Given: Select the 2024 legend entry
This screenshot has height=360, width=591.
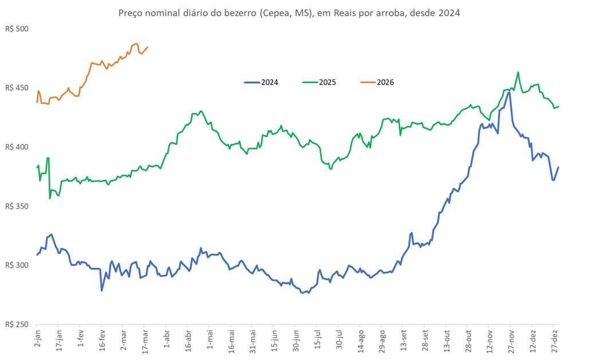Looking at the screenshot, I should pyautogui.click(x=269, y=82).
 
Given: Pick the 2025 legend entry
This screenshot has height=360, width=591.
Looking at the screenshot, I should pyautogui.click(x=327, y=82).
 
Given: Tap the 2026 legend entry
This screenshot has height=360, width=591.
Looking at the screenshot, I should pyautogui.click(x=385, y=82).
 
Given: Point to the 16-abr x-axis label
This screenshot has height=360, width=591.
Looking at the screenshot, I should pyautogui.click(x=188, y=342).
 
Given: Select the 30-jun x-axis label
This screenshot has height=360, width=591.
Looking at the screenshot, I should pyautogui.click(x=295, y=342).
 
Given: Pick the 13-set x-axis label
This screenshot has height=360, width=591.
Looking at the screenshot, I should pyautogui.click(x=403, y=342).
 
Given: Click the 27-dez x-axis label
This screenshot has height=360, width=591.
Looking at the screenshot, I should pyautogui.click(x=554, y=342).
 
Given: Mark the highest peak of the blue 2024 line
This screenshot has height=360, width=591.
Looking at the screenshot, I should pyautogui.click(x=509, y=92).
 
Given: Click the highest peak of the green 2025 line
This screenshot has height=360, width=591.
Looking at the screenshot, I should pyautogui.click(x=518, y=72).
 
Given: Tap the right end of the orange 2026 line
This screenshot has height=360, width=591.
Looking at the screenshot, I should pyautogui.click(x=148, y=48).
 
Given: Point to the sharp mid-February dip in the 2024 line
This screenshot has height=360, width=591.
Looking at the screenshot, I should pyautogui.click(x=102, y=290).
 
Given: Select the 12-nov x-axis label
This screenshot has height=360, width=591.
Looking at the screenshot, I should pyautogui.click(x=490, y=342).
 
